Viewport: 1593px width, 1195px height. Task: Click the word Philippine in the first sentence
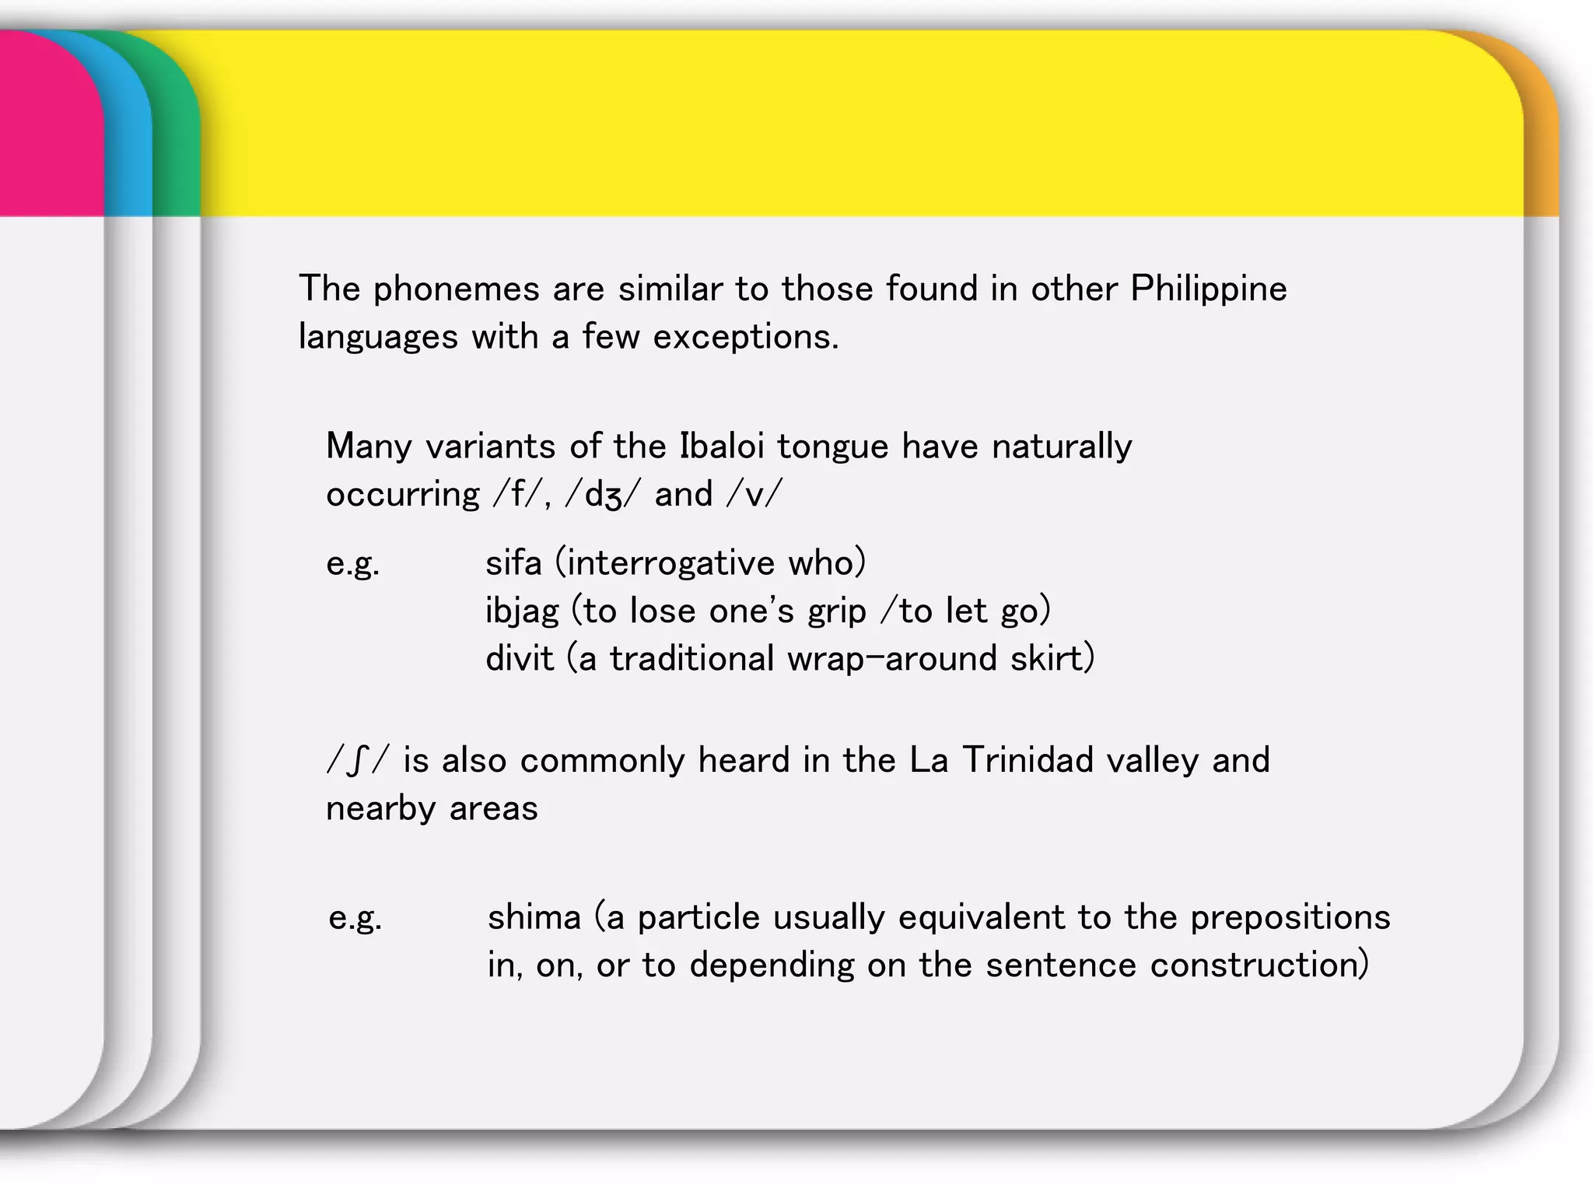pos(1208,289)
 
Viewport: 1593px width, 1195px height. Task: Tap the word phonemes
pos(456,289)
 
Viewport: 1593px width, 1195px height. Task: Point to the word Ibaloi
pos(723,447)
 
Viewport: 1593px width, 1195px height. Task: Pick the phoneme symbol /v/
pos(754,495)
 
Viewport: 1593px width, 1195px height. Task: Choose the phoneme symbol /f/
pos(516,495)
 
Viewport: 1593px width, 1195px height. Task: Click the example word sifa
pos(513,562)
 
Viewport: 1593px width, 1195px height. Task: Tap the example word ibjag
pos(522,612)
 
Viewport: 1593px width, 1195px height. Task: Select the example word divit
pos(519,659)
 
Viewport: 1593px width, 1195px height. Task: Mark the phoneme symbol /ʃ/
pos(356,761)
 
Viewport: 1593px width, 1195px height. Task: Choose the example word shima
pos(534,917)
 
